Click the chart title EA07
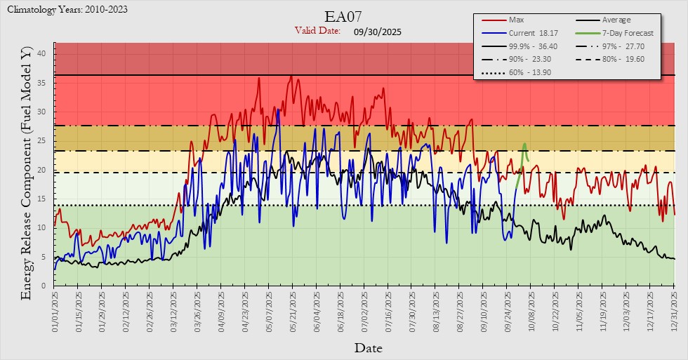pyautogui.click(x=343, y=16)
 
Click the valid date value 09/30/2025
pyautogui.click(x=378, y=32)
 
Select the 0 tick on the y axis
pyautogui.click(x=44, y=286)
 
